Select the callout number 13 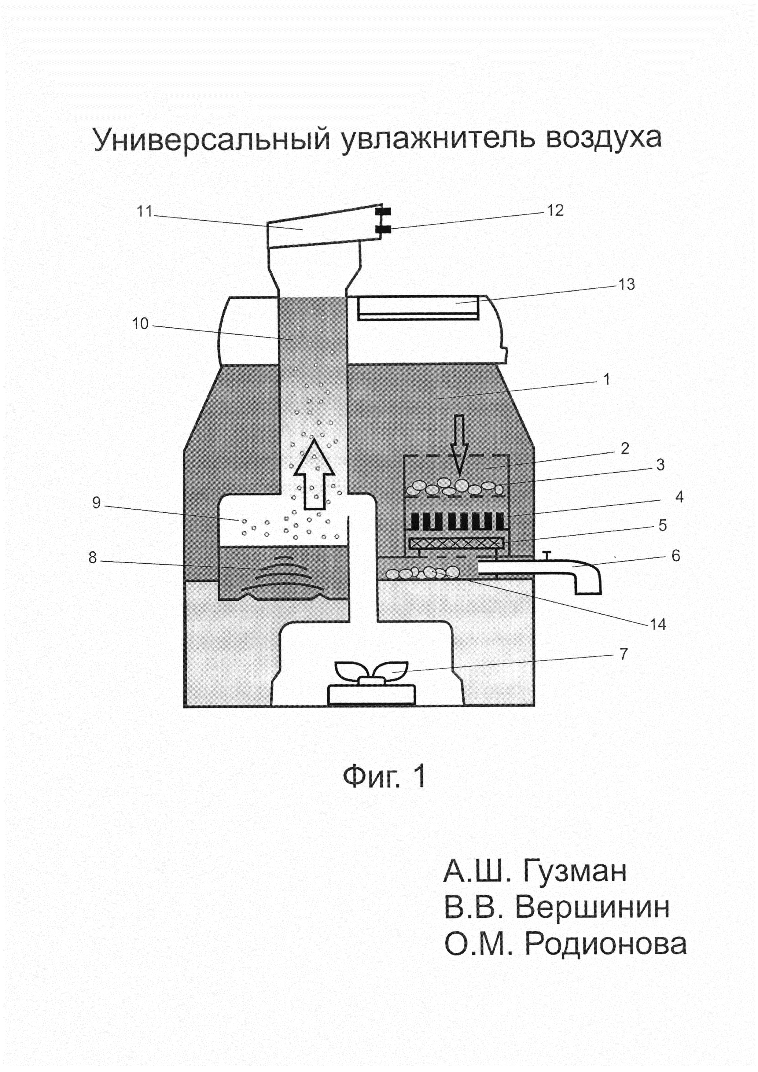tap(627, 284)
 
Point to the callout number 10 tap(140, 324)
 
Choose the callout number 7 tap(624, 654)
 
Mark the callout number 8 tap(93, 558)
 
